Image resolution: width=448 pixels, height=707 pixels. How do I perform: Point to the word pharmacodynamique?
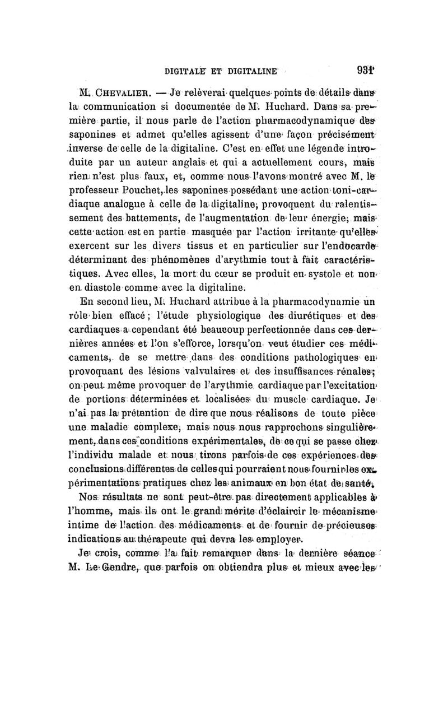(x=302, y=122)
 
